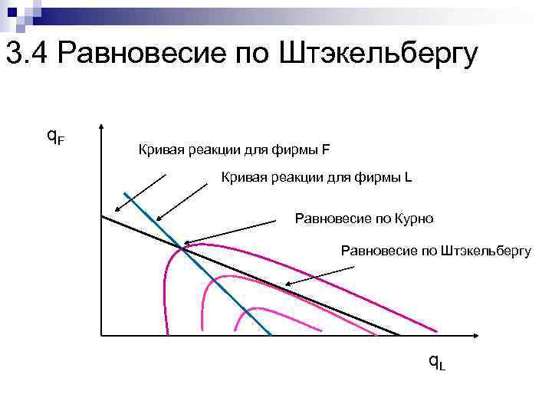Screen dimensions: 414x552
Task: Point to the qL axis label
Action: [x=436, y=360]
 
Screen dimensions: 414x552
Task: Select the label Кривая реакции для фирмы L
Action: [x=317, y=178]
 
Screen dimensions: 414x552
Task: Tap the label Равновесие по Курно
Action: [x=364, y=219]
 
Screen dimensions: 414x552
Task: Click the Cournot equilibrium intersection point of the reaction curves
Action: [x=182, y=247]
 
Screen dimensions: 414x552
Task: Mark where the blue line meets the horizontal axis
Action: [x=271, y=336]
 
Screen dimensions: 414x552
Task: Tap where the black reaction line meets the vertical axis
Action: [x=101, y=215]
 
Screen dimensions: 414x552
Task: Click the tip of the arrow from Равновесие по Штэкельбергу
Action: [x=286, y=285]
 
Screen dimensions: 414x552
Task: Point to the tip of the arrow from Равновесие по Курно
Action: [x=183, y=243]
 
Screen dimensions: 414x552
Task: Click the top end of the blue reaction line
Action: [x=125, y=192]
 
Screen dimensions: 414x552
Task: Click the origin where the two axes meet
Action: [x=100, y=336]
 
